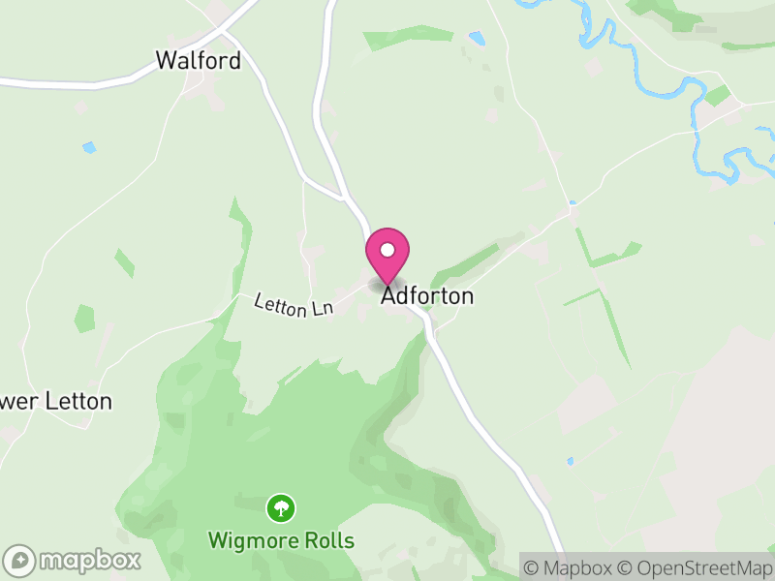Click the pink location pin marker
point(387,255)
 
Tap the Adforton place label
point(427,296)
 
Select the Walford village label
point(198,61)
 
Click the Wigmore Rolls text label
point(281,540)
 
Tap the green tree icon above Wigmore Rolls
point(281,506)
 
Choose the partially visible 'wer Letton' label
point(55,401)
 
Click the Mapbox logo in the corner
point(74,560)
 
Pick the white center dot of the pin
point(387,250)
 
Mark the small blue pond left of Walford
point(89,148)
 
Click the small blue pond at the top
point(476,39)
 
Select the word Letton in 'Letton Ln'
point(284,302)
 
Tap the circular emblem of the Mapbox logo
point(19,560)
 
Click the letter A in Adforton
point(388,296)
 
